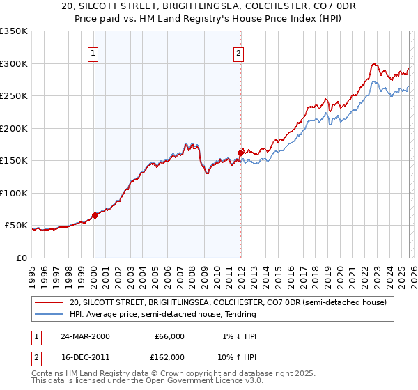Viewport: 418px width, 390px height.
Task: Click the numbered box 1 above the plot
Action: (93, 52)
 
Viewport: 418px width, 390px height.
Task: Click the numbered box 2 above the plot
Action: (239, 52)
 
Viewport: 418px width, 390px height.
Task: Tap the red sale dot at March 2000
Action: (95, 215)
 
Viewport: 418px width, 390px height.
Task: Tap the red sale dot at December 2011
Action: (240, 153)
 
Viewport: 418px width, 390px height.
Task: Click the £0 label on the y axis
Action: (22, 258)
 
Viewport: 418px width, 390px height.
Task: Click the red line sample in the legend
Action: (50, 302)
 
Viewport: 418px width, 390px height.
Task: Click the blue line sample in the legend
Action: (50, 315)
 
